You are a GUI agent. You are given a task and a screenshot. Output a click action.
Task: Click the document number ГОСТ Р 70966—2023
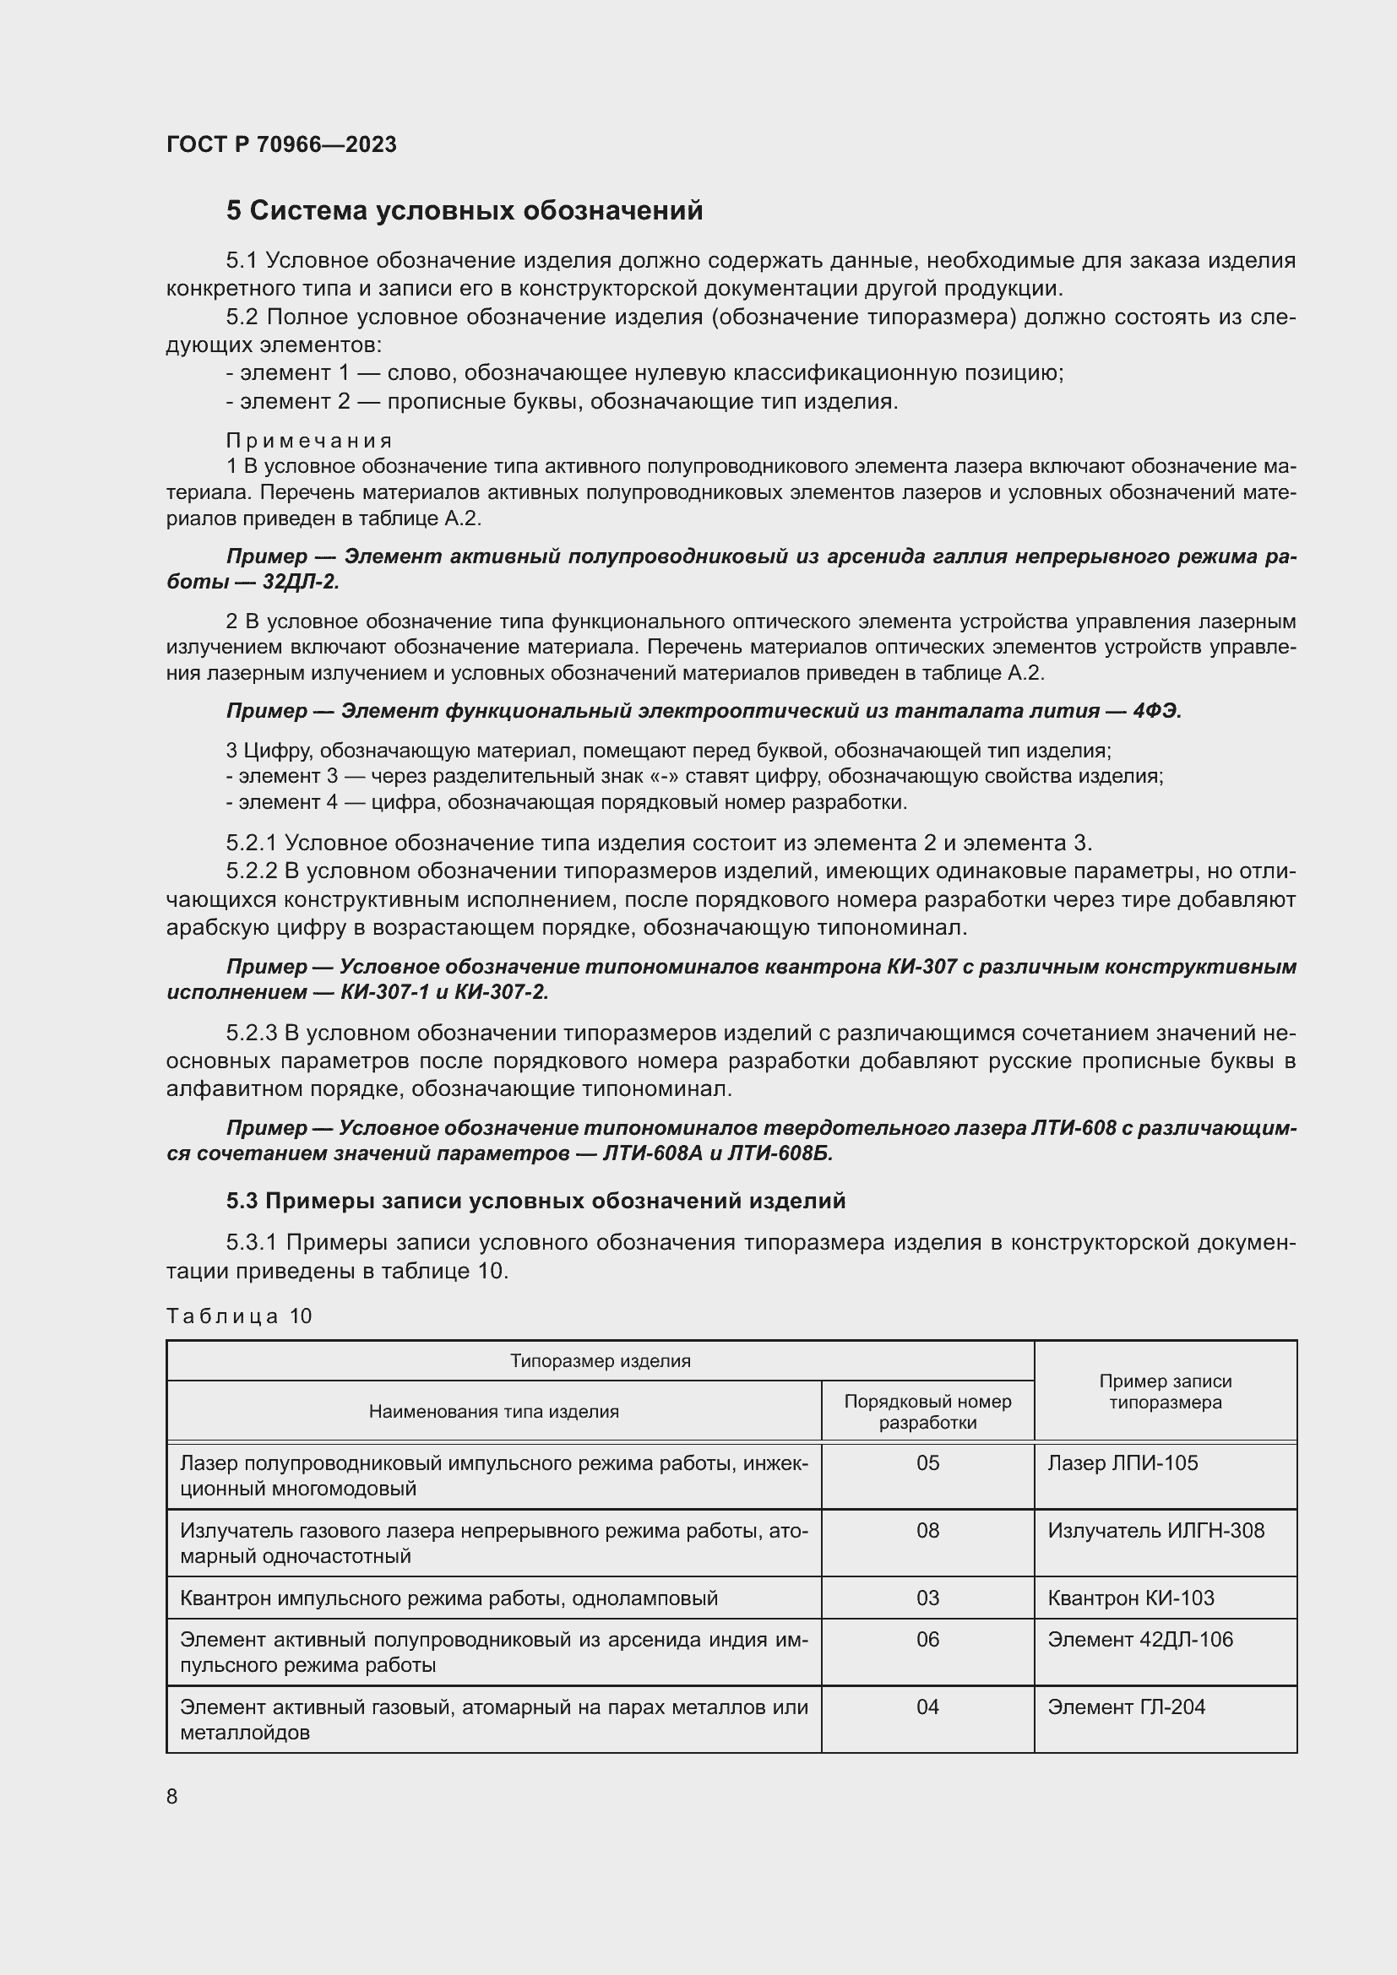[281, 144]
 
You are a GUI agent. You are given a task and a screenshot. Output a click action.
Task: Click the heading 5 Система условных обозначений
[465, 211]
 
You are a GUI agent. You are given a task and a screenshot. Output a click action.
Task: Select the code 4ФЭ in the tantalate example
[1157, 711]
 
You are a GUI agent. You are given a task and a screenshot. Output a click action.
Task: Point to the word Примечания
[309, 441]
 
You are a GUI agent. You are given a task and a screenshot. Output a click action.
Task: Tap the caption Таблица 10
[239, 1316]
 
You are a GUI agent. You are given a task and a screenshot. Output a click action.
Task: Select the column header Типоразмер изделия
[600, 1362]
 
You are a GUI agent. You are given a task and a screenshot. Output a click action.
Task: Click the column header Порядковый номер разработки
[927, 1412]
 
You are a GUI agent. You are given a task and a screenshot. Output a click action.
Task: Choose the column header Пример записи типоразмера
[1165, 1392]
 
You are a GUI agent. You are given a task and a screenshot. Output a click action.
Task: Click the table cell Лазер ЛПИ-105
[1122, 1463]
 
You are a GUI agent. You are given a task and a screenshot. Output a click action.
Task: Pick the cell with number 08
[927, 1530]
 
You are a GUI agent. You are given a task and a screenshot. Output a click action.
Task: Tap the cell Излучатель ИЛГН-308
[1155, 1530]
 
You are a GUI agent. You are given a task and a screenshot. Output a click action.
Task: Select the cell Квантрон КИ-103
[1130, 1598]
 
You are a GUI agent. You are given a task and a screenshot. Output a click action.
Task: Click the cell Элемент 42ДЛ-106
[1139, 1640]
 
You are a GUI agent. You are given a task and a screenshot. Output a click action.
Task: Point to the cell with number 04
[927, 1706]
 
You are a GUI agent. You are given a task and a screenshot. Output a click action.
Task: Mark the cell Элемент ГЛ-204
[1126, 1706]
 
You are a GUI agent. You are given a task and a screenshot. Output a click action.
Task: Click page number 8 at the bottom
[172, 1797]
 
